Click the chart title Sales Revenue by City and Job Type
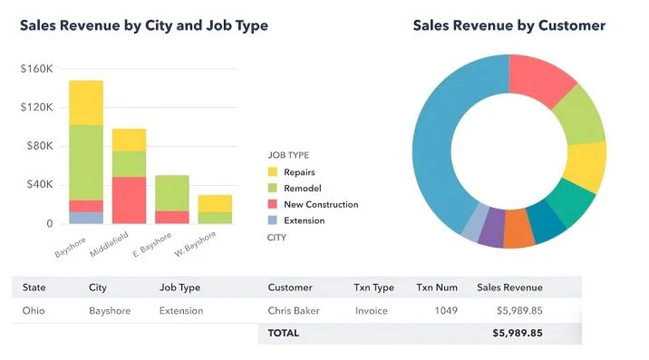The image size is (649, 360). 144,25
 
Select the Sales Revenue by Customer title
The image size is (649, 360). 509,25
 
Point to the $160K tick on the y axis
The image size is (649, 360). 37,69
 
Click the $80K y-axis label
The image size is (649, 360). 40,146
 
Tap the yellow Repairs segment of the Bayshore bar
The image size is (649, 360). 86,102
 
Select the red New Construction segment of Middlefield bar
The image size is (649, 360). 129,199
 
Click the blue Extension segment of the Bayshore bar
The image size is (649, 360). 86,218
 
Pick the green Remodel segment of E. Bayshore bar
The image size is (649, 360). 171,193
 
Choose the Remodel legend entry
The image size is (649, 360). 303,188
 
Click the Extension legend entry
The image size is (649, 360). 304,220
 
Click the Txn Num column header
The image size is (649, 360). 436,287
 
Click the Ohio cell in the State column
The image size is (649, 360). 34,311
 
